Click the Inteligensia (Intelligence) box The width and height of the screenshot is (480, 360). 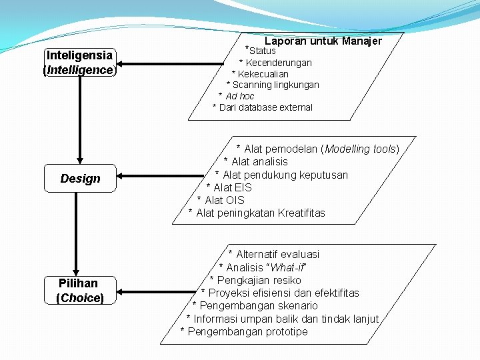[79, 63]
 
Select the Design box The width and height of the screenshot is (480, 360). [80, 178]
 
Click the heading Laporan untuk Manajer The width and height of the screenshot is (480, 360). [323, 41]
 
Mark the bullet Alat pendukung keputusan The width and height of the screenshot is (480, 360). [285, 175]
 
